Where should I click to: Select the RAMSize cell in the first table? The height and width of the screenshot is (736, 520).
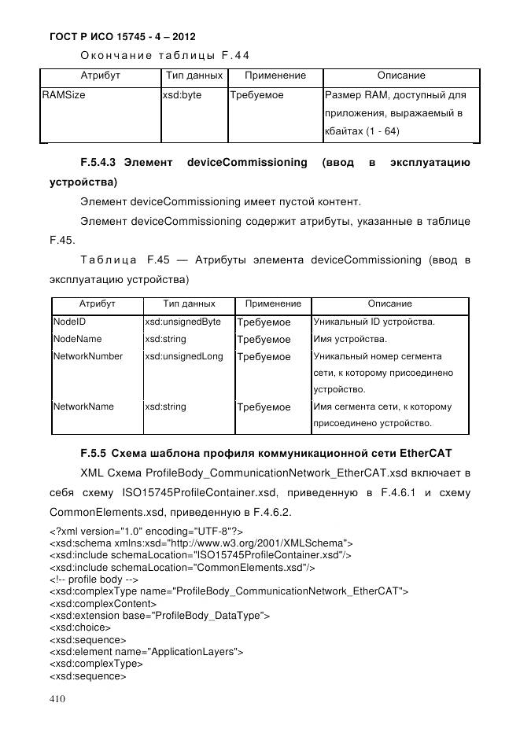tap(64, 95)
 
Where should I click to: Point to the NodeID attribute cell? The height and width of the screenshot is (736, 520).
tap(69, 322)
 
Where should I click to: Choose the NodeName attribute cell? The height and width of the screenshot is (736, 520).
tap(77, 340)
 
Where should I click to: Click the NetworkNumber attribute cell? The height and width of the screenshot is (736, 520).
tap(87, 356)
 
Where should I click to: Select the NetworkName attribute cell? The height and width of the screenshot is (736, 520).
tap(83, 407)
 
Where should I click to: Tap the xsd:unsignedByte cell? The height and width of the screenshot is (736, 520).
tap(183, 322)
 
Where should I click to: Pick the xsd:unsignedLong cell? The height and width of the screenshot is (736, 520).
tap(184, 356)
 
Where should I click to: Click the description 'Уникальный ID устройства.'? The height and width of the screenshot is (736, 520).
tap(374, 322)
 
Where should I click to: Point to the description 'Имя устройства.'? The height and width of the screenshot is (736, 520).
tap(350, 340)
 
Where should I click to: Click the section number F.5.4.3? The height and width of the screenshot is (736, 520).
tap(98, 163)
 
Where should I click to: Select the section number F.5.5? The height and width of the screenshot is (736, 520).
tap(94, 454)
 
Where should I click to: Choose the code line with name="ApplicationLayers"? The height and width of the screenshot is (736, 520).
tap(146, 651)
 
